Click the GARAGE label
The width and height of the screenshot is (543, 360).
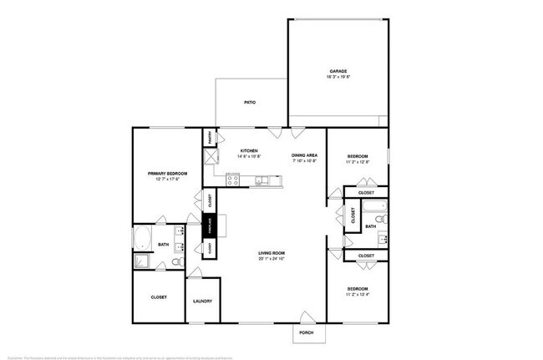pyautogui.click(x=337, y=71)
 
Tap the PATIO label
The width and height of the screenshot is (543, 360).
pyautogui.click(x=250, y=103)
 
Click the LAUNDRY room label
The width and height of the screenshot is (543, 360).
pyautogui.click(x=202, y=301)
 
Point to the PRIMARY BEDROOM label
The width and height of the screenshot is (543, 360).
pyautogui.click(x=167, y=173)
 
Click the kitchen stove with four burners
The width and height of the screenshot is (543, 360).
pyautogui.click(x=233, y=179)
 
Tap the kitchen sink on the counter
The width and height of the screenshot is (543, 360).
pyautogui.click(x=262, y=179)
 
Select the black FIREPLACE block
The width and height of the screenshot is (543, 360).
pyautogui.click(x=211, y=226)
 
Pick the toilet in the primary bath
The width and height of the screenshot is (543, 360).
pyautogui.click(x=176, y=262)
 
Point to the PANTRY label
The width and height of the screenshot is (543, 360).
pyautogui.click(x=210, y=137)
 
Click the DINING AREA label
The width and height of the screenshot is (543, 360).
pyautogui.click(x=303, y=155)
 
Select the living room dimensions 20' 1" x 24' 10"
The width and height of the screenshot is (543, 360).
pyautogui.click(x=272, y=259)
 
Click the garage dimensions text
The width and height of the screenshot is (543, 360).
pyautogui.click(x=337, y=77)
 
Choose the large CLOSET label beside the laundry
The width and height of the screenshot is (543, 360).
pyautogui.click(x=159, y=297)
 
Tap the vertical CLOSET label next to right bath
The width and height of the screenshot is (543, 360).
pyautogui.click(x=353, y=217)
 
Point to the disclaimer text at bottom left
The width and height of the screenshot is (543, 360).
pyautogui.click(x=117, y=355)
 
